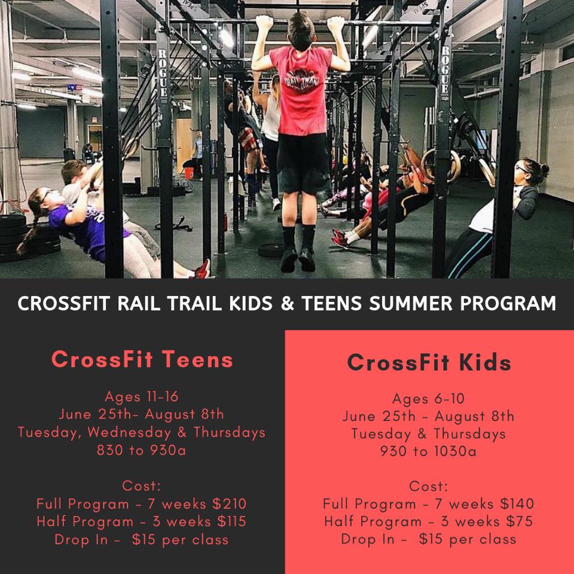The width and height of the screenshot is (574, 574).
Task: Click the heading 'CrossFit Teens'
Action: (x=142, y=359)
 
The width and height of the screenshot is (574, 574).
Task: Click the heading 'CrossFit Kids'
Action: (x=429, y=362)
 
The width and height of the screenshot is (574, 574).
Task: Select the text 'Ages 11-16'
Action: (x=142, y=396)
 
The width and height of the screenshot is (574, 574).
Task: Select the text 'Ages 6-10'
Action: (x=428, y=398)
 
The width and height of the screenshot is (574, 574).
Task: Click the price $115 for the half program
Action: (x=231, y=521)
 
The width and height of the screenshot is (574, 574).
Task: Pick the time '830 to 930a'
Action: (x=142, y=450)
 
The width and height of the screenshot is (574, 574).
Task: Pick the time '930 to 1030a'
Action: (x=428, y=451)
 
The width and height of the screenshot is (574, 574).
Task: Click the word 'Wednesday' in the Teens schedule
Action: (x=129, y=432)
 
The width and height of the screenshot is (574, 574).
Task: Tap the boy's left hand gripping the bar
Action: (x=264, y=23)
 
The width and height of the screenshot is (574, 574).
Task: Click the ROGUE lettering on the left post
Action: (x=163, y=73)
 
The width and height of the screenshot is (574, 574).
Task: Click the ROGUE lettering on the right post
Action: (x=445, y=69)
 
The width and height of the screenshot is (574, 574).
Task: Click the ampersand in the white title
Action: (x=288, y=304)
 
